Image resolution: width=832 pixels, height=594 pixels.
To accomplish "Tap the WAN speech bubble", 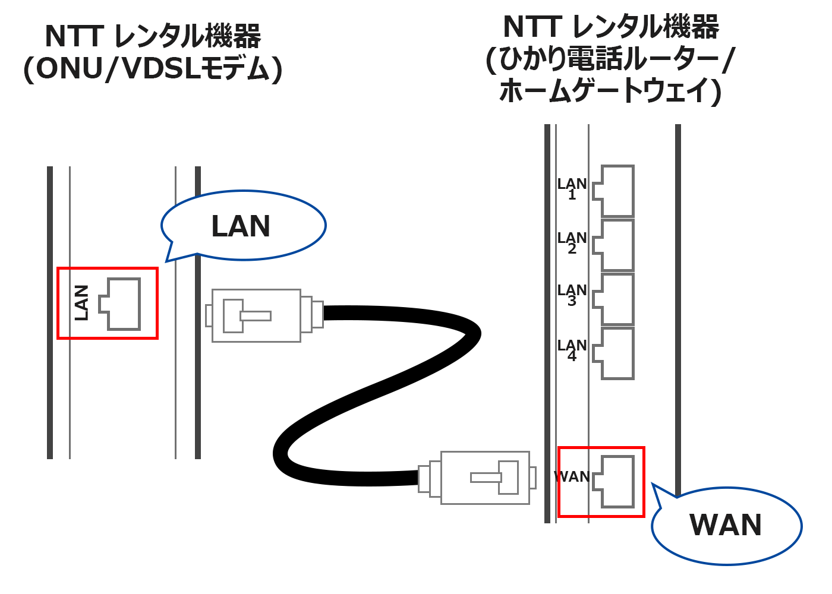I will [726, 525].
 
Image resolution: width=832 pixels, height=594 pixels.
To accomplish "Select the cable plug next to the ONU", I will [261, 315].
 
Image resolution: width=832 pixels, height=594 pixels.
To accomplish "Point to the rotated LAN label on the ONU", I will [81, 303].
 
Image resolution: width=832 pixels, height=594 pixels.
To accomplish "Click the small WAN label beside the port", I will [572, 477].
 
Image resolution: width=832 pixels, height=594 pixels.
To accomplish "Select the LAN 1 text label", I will [572, 189].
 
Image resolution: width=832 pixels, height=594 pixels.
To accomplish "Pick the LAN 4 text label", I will [572, 350].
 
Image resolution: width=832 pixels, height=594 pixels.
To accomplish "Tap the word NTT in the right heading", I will [532, 27].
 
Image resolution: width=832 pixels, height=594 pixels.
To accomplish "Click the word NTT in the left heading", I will [74, 37].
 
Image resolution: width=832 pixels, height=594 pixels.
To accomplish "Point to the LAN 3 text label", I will [572, 295].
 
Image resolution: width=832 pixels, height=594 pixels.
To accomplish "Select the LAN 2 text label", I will [572, 243].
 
